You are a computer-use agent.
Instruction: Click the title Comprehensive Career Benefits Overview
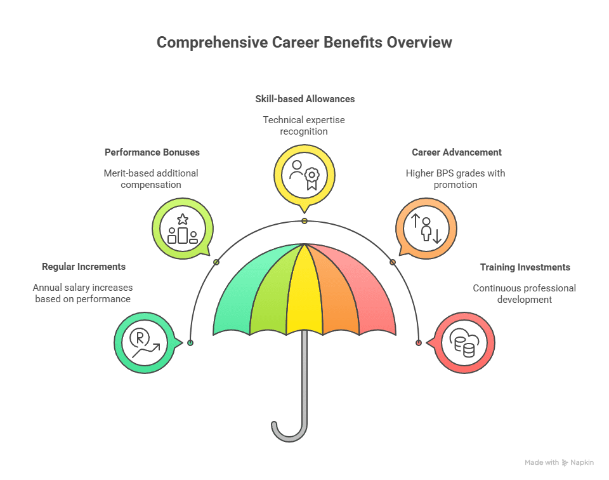tap(304, 43)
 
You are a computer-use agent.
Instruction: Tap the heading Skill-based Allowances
tap(304, 99)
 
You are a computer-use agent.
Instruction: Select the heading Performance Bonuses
tap(152, 152)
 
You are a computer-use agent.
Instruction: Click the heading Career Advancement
tap(456, 152)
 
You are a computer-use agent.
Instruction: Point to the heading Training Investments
tap(525, 267)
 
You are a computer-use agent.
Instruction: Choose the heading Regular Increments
tap(83, 267)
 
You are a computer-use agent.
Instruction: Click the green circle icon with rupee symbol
tap(144, 343)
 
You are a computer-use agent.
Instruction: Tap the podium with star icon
tap(183, 229)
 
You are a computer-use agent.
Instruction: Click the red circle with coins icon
tap(464, 343)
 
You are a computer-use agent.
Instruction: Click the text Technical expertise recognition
tap(304, 125)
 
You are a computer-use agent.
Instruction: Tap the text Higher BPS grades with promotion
tap(455, 179)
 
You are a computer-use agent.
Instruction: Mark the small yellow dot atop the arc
tap(304, 221)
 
